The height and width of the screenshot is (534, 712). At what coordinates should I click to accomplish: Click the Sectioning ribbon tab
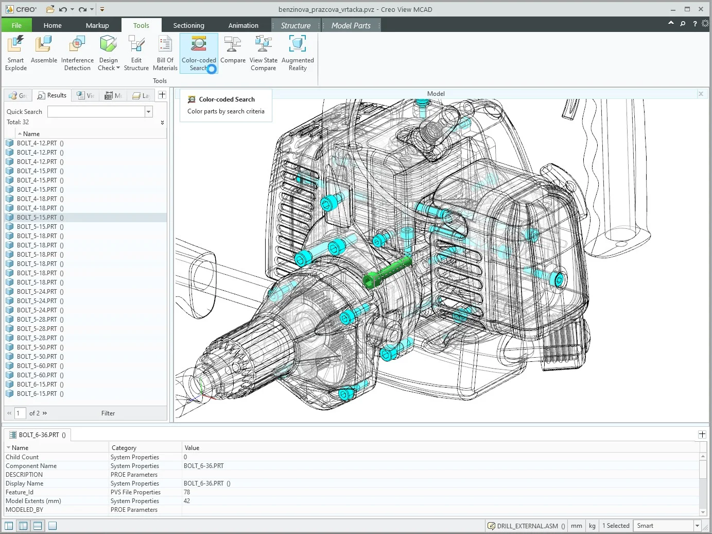click(188, 25)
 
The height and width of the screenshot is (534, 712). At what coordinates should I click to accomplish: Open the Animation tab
click(243, 25)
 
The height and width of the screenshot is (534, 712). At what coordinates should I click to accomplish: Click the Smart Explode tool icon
click(16, 45)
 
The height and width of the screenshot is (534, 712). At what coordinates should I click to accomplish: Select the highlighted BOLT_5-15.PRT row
click(37, 218)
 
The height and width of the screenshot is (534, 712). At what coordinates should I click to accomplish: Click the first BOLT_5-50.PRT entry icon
click(10, 347)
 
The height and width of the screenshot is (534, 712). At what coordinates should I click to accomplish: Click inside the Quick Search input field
click(96, 112)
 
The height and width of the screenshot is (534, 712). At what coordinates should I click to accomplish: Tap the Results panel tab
click(52, 95)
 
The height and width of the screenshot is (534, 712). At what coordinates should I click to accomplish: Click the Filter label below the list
click(108, 413)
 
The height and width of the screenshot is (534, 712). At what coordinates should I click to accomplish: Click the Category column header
click(124, 448)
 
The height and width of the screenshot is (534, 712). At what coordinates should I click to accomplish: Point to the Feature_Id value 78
click(187, 492)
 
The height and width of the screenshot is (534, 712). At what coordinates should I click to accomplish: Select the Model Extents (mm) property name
click(33, 501)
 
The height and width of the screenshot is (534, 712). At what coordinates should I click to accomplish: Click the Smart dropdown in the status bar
click(668, 526)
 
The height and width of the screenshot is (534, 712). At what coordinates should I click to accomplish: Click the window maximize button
click(687, 9)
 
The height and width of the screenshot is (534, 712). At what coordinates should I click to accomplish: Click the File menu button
click(16, 25)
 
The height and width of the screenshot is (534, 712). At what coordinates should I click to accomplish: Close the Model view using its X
click(701, 94)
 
